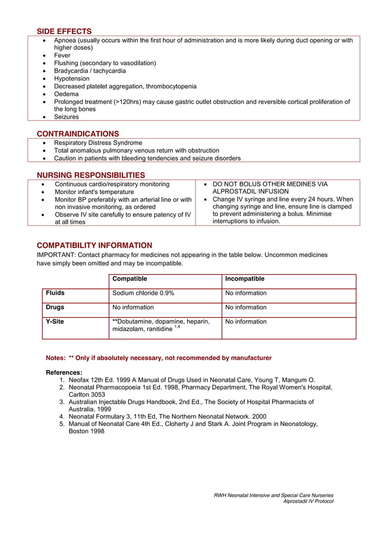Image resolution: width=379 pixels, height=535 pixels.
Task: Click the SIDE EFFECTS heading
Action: (64, 31)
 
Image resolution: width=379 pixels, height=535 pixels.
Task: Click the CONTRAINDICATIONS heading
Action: (78, 133)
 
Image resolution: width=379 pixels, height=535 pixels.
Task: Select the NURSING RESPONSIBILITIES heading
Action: (91, 175)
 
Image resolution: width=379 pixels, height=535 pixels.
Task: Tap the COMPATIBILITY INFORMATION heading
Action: (94, 245)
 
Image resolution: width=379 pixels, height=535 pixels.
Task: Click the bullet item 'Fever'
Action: (62, 55)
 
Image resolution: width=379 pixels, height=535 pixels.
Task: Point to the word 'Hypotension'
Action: (72, 78)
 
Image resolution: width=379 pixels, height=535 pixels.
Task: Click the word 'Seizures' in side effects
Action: (67, 117)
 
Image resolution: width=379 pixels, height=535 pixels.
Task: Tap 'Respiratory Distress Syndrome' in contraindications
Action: (98, 143)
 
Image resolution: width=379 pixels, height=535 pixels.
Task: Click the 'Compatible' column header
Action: (130, 279)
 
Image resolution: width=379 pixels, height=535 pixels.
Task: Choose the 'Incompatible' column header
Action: (245, 279)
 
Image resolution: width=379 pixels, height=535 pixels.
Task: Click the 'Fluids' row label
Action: (55, 293)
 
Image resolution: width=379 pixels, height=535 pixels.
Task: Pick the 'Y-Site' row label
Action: (55, 321)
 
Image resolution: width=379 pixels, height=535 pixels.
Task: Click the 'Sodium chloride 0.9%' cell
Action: (143, 293)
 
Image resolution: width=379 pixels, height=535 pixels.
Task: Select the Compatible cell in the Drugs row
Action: (133, 307)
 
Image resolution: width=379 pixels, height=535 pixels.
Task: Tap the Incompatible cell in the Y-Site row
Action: (246, 321)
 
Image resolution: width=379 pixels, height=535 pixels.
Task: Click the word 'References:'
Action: (64, 372)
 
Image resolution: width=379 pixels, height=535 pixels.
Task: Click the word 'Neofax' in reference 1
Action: (79, 380)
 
